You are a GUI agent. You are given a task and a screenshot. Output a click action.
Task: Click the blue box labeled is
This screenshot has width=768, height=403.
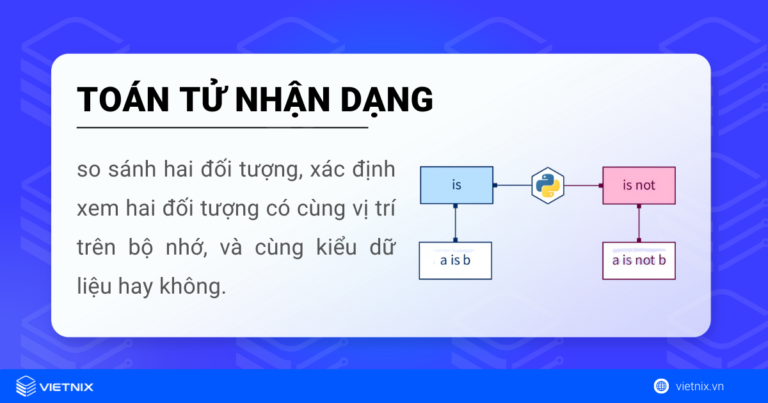[x=456, y=185]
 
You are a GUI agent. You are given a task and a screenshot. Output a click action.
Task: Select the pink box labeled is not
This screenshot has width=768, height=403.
[x=638, y=185]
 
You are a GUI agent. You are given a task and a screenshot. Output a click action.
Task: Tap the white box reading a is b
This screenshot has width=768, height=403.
[x=456, y=261]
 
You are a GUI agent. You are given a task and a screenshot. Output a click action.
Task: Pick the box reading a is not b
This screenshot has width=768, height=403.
[x=638, y=261]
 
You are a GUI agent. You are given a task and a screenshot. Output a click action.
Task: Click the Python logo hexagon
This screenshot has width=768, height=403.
[x=547, y=185]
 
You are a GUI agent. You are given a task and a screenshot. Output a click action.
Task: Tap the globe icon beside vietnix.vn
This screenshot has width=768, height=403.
[x=661, y=386]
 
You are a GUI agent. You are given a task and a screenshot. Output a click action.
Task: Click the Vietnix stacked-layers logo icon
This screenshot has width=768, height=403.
[x=25, y=385]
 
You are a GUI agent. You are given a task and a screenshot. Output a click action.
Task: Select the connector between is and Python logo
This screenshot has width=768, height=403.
[x=511, y=185]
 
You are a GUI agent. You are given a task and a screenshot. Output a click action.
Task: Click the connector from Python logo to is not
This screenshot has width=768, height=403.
[x=584, y=185]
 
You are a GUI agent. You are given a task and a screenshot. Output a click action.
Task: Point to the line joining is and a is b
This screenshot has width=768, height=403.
[x=456, y=223]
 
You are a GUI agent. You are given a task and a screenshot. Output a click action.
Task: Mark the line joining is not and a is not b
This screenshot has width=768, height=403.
[x=638, y=223]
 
